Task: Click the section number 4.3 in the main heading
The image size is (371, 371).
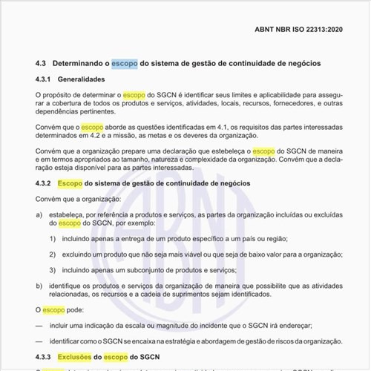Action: (42, 65)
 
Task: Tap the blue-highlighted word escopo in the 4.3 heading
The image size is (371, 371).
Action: (123, 65)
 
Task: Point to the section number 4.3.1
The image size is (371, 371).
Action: (45, 80)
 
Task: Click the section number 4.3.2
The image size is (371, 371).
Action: (45, 183)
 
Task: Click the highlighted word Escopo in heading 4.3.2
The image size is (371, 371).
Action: (70, 183)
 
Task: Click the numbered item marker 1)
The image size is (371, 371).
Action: (53, 238)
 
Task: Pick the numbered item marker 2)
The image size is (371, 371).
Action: (53, 254)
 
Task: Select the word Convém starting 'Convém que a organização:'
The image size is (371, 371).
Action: (49, 199)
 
